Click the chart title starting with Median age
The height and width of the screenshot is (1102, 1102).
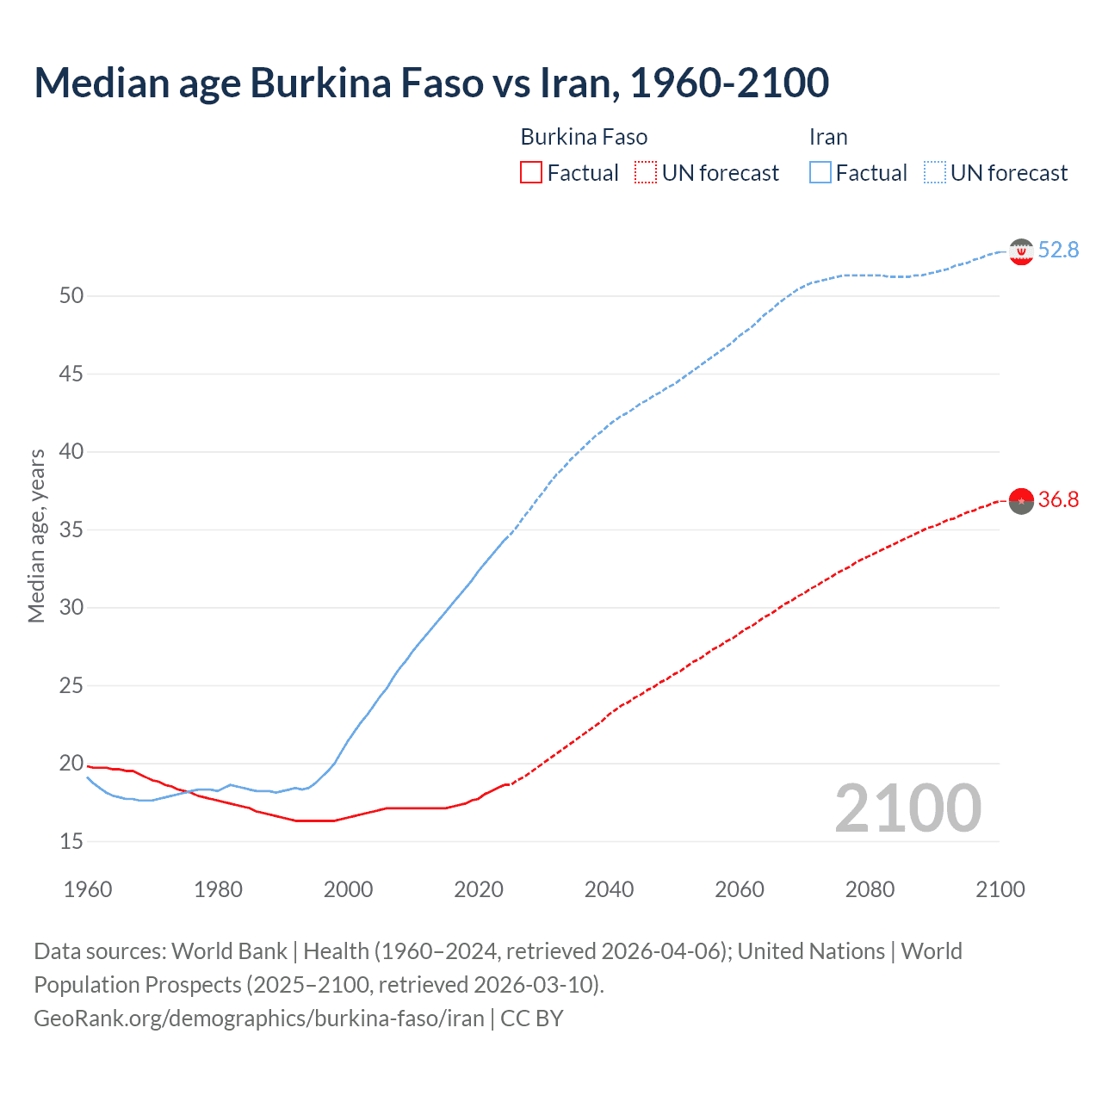[431, 83]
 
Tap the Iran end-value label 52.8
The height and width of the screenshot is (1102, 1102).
[1058, 250]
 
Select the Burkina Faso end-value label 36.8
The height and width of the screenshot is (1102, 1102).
[1058, 499]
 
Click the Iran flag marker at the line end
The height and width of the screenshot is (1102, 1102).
[1021, 251]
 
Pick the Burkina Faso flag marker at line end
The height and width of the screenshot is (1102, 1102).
[1021, 500]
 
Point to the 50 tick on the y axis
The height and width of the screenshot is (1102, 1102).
[71, 295]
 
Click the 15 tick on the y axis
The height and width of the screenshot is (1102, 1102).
[71, 841]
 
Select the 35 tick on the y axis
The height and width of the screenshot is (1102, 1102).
[71, 529]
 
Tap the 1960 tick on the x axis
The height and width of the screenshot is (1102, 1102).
[88, 889]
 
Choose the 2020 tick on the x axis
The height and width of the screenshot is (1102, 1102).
[479, 889]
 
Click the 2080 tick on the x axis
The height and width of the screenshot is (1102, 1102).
[870, 889]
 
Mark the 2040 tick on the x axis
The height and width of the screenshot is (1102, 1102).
[609, 889]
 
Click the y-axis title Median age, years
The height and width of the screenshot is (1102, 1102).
[36, 536]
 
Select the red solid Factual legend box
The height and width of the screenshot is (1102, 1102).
[531, 173]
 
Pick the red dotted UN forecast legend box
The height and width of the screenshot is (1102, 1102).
[646, 173]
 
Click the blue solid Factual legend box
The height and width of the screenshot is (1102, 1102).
[820, 173]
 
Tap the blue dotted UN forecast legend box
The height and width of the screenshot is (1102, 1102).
[934, 173]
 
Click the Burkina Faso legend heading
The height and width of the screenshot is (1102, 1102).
[584, 137]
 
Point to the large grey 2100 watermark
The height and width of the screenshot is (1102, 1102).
[907, 808]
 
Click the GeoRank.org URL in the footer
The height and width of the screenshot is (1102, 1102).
[259, 1018]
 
